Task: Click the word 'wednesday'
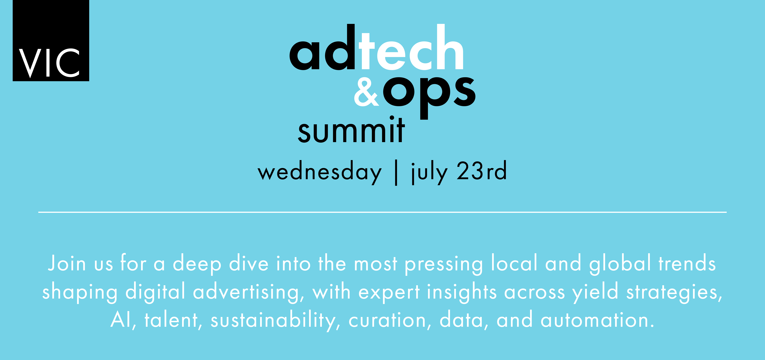tap(320, 172)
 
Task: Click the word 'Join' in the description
tap(67, 263)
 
